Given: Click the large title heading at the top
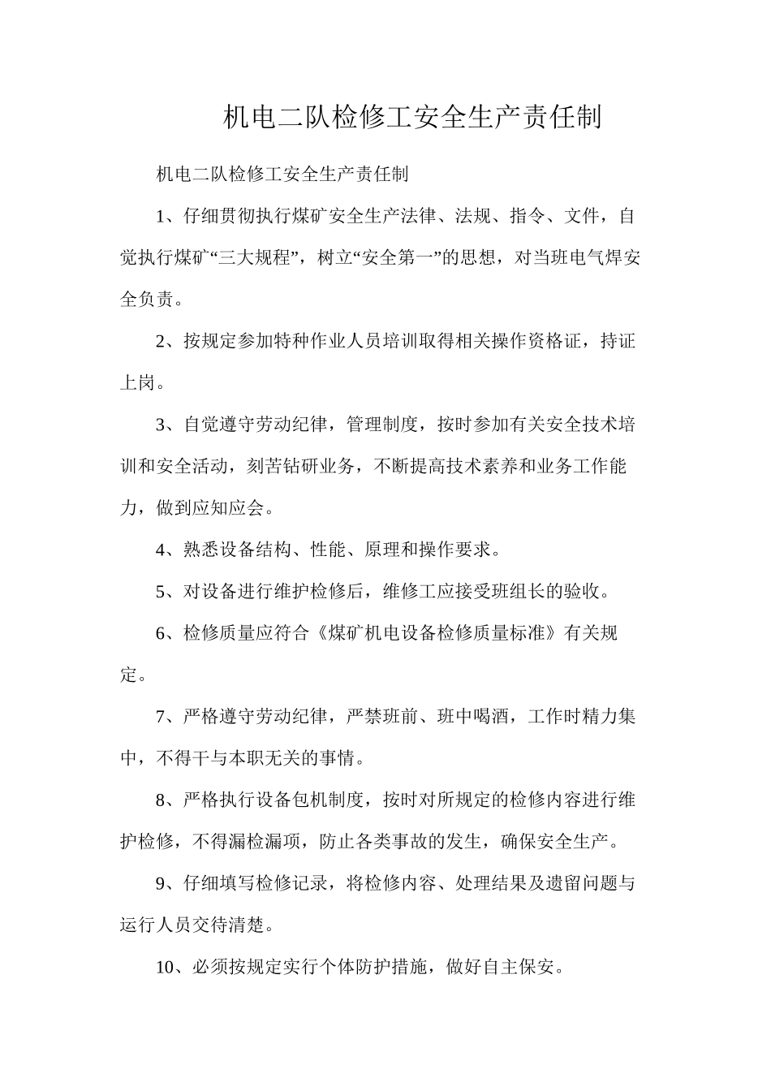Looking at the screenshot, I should coord(411,119).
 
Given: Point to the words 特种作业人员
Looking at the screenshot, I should coord(336,342).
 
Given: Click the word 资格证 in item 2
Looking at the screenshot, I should coord(554,342).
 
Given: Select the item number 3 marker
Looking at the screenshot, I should coord(160,425).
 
